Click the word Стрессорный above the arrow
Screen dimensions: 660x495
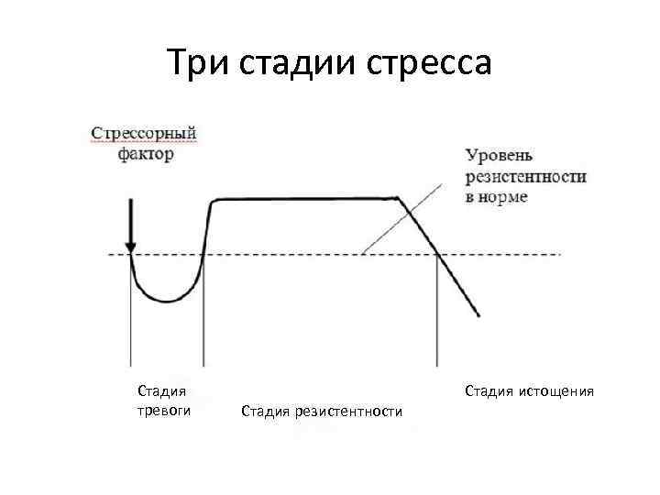pos(144,134)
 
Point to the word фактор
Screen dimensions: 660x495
pos(146,154)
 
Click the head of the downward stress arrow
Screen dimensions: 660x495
pos(131,245)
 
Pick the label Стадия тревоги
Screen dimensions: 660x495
pos(163,401)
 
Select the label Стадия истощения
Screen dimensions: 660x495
pos(529,391)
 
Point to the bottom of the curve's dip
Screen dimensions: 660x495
pos(166,300)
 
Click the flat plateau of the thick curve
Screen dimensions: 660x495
pos(302,198)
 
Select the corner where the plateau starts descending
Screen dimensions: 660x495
pos(398,197)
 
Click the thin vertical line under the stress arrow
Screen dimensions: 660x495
pos(131,321)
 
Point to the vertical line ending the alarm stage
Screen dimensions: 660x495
pos(203,321)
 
